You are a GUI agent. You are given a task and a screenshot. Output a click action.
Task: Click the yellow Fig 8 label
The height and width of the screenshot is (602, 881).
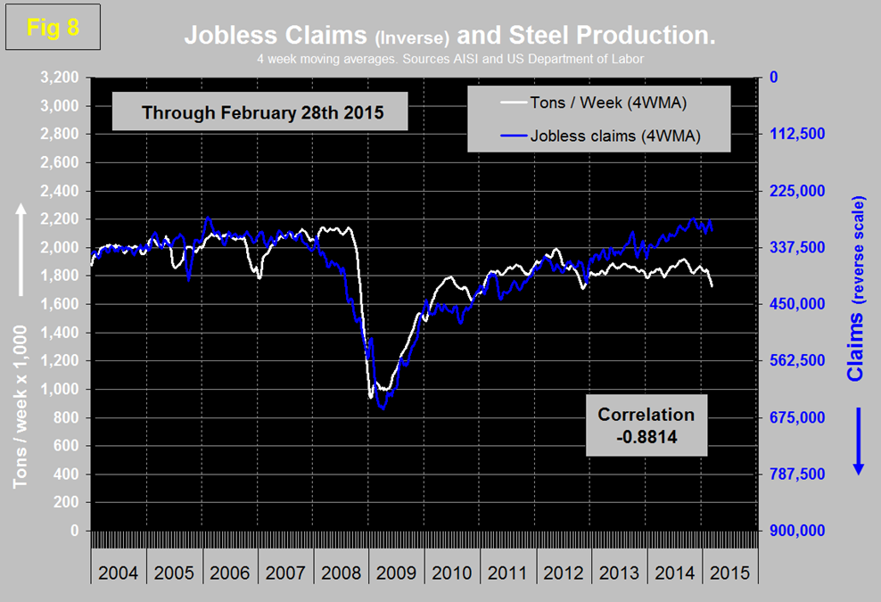pyautogui.click(x=54, y=28)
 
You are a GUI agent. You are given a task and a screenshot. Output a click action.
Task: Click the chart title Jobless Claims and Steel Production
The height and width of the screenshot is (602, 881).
pyautogui.click(x=450, y=36)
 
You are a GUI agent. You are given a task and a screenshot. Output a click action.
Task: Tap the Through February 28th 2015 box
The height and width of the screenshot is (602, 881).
pyautogui.click(x=251, y=113)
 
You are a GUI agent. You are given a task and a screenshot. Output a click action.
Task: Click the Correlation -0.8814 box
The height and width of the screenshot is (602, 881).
pyautogui.click(x=646, y=425)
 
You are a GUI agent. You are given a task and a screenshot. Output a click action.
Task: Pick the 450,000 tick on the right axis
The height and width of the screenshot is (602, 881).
pyautogui.click(x=797, y=304)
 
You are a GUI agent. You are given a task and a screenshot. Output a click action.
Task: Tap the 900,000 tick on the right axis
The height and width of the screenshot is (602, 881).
pyautogui.click(x=797, y=531)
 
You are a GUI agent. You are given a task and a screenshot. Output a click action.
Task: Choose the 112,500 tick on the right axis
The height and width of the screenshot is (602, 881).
pyautogui.click(x=797, y=134)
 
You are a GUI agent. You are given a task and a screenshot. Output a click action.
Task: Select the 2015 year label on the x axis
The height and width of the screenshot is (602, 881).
pyautogui.click(x=730, y=572)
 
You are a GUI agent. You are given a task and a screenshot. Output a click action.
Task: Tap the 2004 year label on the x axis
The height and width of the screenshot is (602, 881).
pyautogui.click(x=118, y=572)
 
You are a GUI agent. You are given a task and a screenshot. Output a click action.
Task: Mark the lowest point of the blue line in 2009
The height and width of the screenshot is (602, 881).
pyautogui.click(x=383, y=408)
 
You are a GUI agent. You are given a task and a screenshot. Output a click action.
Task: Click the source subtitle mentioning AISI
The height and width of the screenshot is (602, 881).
pyautogui.click(x=450, y=59)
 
